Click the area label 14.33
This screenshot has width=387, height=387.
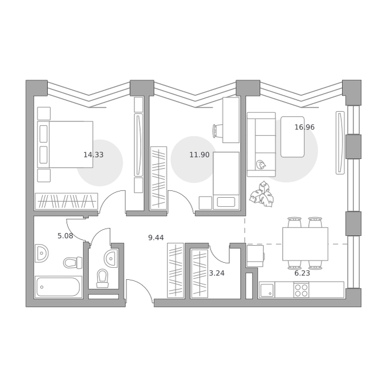pyautogui.click(x=93, y=155)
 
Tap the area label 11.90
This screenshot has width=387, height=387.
pyautogui.click(x=199, y=155)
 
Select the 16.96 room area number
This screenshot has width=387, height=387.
pyautogui.click(x=304, y=127)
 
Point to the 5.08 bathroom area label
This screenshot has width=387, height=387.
pyautogui.click(x=65, y=236)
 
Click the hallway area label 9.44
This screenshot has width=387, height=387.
pyautogui.click(x=156, y=238)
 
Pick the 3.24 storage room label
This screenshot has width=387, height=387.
pyautogui.click(x=217, y=274)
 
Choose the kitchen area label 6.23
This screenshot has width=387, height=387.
pyautogui.click(x=302, y=274)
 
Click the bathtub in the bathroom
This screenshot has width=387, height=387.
pyautogui.click(x=58, y=287)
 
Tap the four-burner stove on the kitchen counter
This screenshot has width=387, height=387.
pyautogui.click(x=302, y=290)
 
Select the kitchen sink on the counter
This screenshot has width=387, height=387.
pyautogui.click(x=267, y=290)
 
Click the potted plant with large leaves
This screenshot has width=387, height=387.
pyautogui.click(x=262, y=194)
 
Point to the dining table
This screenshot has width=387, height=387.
pyautogui.click(x=305, y=244)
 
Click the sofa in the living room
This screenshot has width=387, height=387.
pyautogui.click(x=261, y=145)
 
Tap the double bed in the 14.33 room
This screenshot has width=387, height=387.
pyautogui.click(x=65, y=145)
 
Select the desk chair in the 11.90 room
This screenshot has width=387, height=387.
pyautogui.click(x=217, y=131)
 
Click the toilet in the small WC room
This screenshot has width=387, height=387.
pyautogui.click(x=102, y=279)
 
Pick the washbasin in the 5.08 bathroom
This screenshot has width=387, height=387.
pyautogui.click(x=41, y=253)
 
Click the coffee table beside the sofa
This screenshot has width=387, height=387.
pyautogui.click(x=293, y=137)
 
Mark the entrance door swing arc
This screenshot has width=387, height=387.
pyautogui.click(x=143, y=287)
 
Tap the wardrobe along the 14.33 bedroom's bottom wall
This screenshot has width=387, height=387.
pyautogui.click(x=67, y=201)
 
